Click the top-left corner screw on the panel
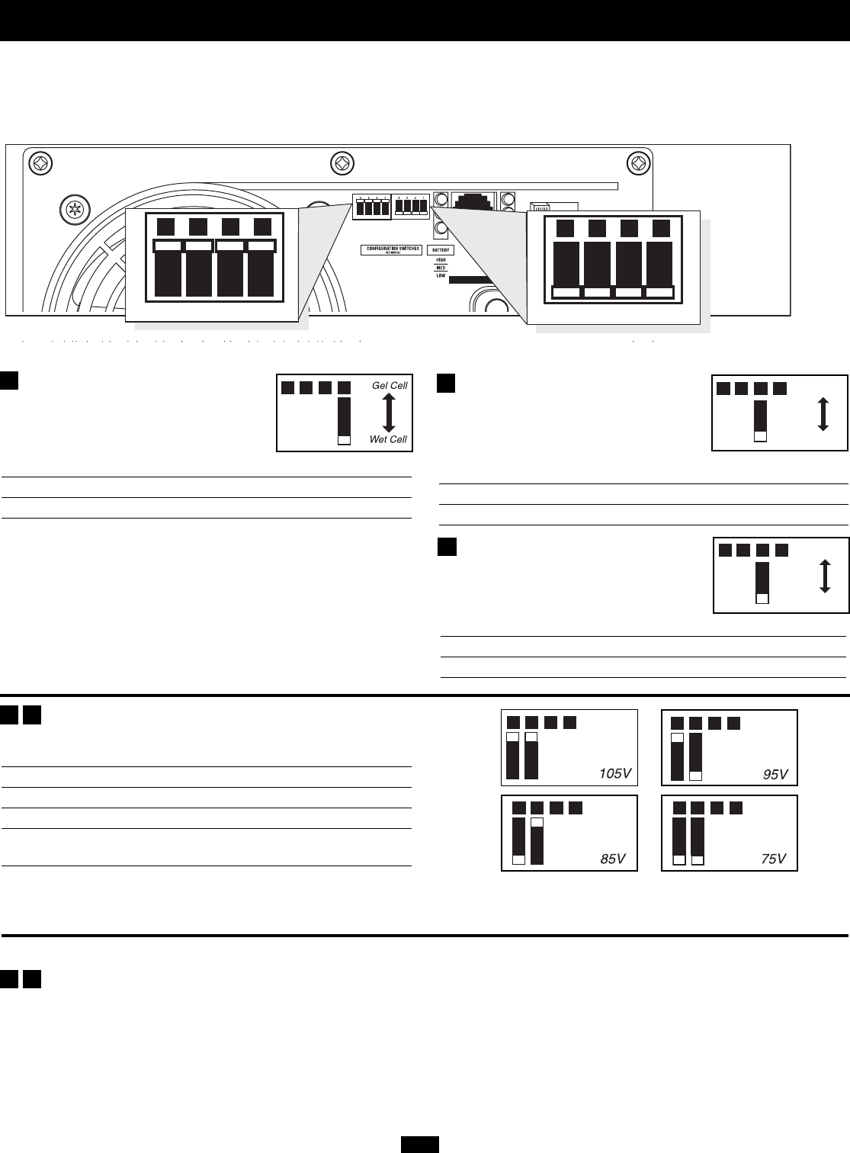tap(42, 164)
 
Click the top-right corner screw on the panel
tap(637, 164)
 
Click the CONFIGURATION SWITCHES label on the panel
tap(391, 249)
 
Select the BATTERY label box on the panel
tap(441, 250)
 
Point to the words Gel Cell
tap(390, 386)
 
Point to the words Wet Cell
tap(389, 439)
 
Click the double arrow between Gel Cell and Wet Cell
tap(388, 413)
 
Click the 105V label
tap(615, 773)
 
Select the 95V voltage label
tap(775, 775)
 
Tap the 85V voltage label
tap(613, 859)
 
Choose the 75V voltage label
tap(773, 859)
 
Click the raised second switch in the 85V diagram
tap(537, 840)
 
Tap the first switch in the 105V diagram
tap(513, 756)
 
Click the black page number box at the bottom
tap(420, 1144)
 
